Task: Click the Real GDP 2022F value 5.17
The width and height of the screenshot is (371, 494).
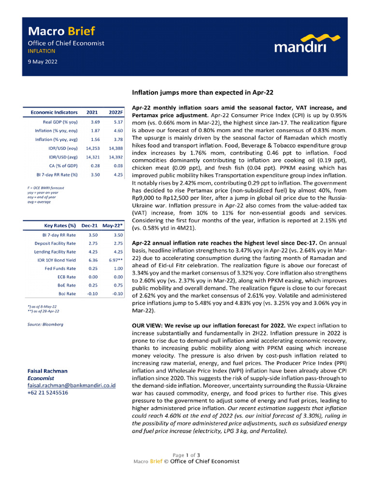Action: coord(115,122)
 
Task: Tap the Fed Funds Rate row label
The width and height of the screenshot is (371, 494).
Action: coord(60,269)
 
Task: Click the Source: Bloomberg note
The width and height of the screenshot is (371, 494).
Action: coord(45,324)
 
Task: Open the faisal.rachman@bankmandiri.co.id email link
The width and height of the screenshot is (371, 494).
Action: coord(71,386)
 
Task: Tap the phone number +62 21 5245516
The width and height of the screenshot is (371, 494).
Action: coord(48,393)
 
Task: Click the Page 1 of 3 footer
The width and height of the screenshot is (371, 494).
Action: coord(186,454)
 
